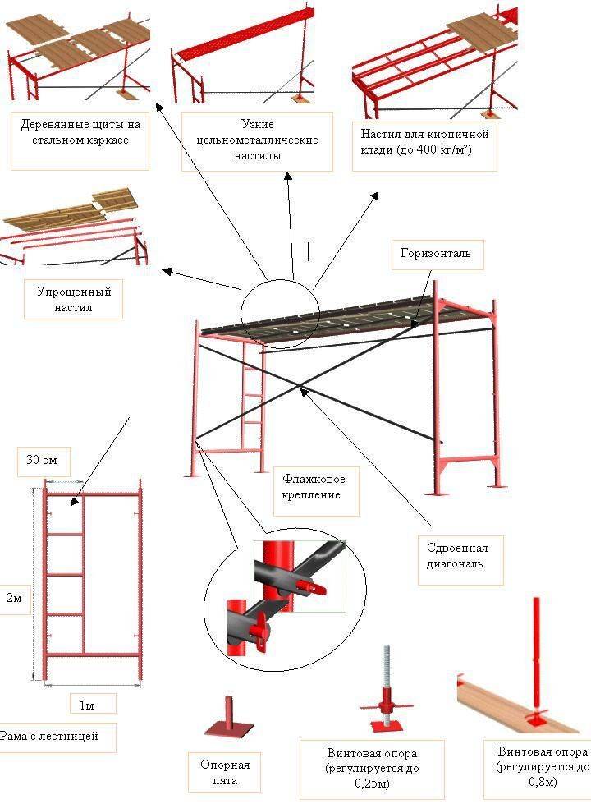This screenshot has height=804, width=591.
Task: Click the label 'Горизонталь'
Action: [x=435, y=253]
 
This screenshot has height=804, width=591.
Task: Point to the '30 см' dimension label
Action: [x=44, y=461]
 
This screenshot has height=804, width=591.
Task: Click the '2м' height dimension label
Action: [x=14, y=600]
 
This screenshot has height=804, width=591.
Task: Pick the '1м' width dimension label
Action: [x=91, y=703]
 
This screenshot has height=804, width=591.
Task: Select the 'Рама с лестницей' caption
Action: [x=51, y=737]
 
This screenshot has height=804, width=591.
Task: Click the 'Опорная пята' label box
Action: [x=219, y=772]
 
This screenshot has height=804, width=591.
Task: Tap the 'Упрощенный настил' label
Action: [x=74, y=299]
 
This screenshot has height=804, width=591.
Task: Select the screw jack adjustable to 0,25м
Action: [x=384, y=690]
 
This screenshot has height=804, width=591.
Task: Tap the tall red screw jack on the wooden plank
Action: [x=538, y=657]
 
